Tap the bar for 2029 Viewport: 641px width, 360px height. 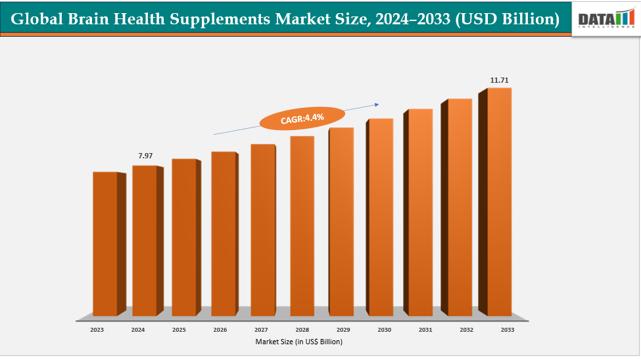click(341, 221)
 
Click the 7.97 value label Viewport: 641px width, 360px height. click(145, 156)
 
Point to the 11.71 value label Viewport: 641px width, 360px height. click(499, 80)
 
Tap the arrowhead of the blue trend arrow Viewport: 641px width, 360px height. click(377, 103)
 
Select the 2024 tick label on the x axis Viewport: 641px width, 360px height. click(137, 330)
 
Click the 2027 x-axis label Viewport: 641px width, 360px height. click(261, 330)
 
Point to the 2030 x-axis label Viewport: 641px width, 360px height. click(385, 330)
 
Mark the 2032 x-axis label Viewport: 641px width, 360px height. click(467, 330)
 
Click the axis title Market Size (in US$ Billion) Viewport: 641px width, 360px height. click(299, 342)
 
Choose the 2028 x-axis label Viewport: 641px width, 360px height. click(302, 330)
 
